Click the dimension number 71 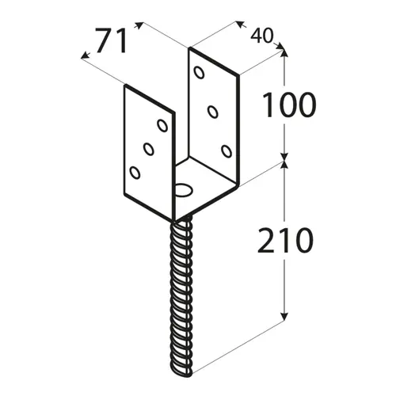pos(112,40)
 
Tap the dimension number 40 pos(261,36)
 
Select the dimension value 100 pos(289,105)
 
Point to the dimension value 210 pos(286,240)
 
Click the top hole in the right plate pos(199,73)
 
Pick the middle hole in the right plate pos(213,112)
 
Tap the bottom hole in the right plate pos(227,151)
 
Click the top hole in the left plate pos(162,125)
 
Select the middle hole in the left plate pos(149,149)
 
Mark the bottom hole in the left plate pos(135,173)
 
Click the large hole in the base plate pos(184,190)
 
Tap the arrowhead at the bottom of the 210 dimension pos(284,317)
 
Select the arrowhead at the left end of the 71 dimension pos(85,55)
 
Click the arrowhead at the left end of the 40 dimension pos(239,25)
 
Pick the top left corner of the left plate pos(125,86)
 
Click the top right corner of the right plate pos(238,76)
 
